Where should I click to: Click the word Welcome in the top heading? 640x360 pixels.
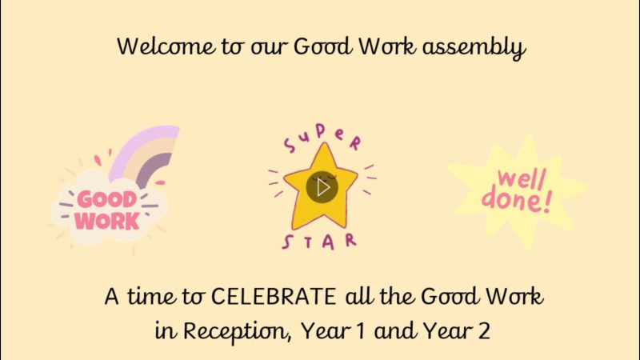(158, 46)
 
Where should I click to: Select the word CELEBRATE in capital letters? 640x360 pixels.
(273, 297)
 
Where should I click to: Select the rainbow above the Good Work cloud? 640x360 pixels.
(144, 152)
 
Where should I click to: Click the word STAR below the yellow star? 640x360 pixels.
(320, 240)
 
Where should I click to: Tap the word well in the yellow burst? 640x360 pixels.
(518, 178)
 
